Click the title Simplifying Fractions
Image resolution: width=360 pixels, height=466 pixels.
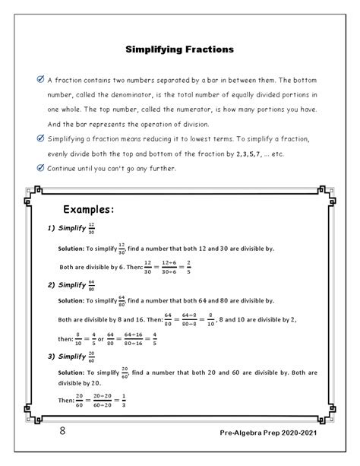(x=179, y=50)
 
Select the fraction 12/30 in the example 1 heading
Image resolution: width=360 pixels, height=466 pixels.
(x=91, y=228)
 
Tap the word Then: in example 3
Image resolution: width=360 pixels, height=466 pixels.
(x=66, y=399)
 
